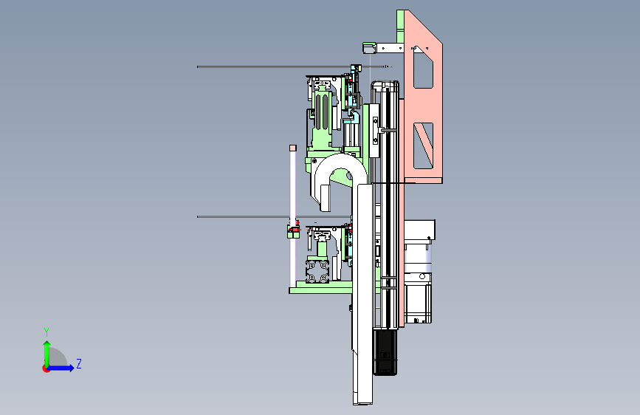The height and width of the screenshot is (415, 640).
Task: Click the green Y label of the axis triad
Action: (x=47, y=332)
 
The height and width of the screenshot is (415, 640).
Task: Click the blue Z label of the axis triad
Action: (x=79, y=363)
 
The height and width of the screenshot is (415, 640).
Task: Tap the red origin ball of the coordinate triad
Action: (x=46, y=368)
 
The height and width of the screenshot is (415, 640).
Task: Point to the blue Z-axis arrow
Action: (x=61, y=368)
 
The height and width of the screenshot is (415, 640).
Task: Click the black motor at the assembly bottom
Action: (x=385, y=352)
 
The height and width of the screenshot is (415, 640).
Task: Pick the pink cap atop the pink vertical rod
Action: (x=293, y=148)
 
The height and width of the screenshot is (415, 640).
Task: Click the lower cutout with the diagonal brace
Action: (x=423, y=145)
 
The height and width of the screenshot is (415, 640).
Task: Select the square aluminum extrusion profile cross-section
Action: (x=317, y=271)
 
